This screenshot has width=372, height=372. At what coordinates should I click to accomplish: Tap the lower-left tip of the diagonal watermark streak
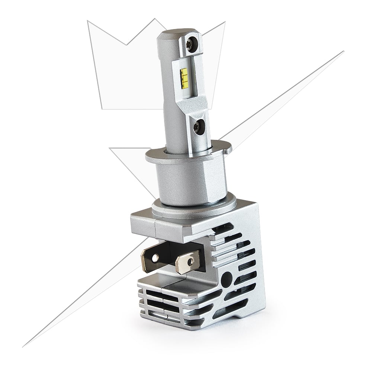point(24,346)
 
